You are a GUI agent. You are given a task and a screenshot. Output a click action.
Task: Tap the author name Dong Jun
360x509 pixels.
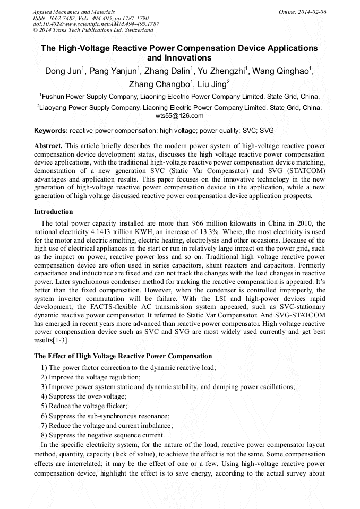(63, 72)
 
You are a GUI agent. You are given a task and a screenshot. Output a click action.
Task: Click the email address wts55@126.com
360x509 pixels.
(179, 115)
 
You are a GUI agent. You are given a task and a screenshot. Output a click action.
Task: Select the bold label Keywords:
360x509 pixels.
(51, 130)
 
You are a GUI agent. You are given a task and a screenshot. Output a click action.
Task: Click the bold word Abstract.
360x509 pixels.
(48, 145)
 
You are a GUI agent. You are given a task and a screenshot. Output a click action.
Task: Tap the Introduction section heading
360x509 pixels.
(54, 212)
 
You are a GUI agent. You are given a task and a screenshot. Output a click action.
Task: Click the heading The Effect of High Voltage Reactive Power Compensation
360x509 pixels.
(123, 356)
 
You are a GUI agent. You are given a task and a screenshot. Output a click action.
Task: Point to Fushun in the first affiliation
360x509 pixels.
(53, 97)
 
